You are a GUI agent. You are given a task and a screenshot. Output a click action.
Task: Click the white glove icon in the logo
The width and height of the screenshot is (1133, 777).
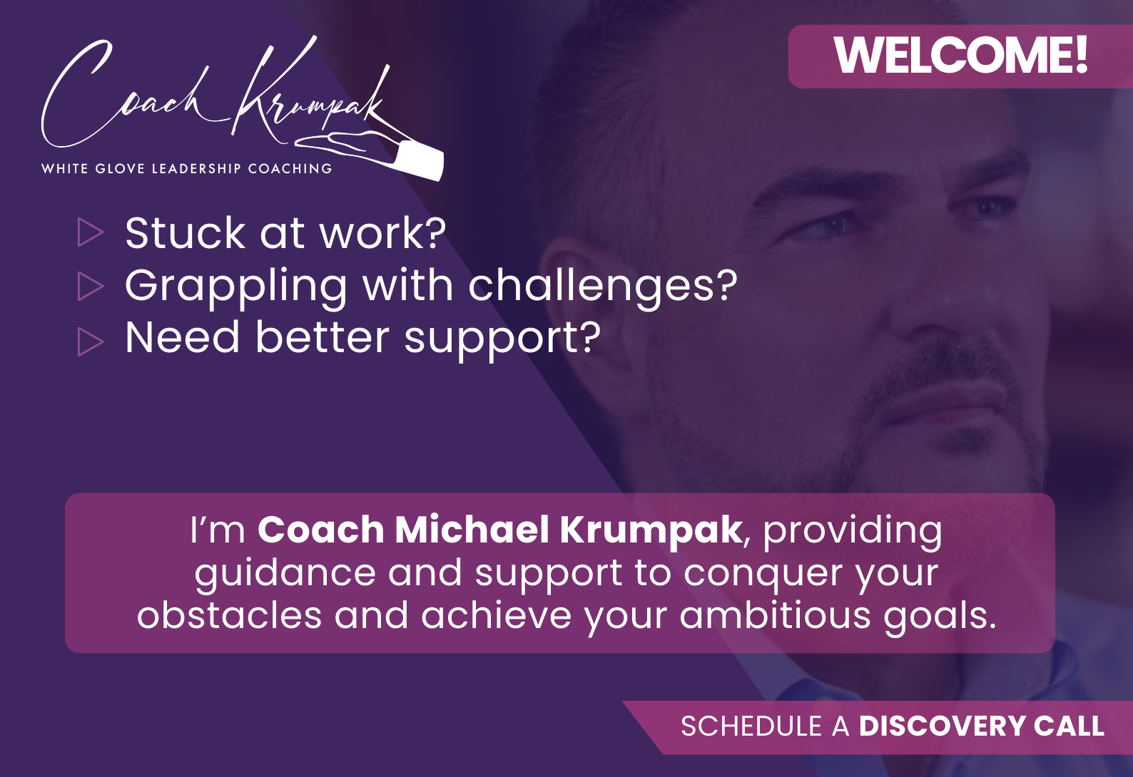pos(375,152)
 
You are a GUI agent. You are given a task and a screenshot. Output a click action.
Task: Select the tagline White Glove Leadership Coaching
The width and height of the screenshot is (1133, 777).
pos(187,168)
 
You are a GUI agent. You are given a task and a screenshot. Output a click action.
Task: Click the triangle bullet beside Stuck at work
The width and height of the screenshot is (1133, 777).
pos(90,232)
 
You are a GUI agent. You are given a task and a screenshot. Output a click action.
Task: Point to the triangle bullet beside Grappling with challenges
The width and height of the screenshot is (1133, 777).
pos(90,286)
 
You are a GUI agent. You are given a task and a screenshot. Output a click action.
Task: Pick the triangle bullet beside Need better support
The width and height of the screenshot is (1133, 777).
pos(90,341)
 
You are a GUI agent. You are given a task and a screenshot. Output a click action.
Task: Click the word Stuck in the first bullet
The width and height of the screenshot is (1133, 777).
pos(185,233)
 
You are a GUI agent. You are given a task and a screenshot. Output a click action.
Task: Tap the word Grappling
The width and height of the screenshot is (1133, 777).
pos(235,289)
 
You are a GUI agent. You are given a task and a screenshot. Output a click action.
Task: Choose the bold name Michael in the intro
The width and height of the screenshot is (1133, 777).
pos(472,530)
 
